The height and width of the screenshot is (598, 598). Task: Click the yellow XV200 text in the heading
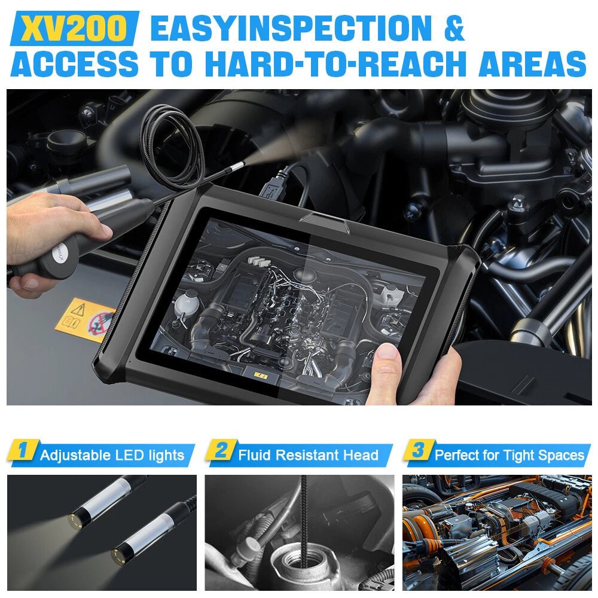tap(73, 29)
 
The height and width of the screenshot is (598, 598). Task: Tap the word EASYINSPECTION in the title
tap(292, 29)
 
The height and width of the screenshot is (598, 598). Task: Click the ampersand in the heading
tap(454, 29)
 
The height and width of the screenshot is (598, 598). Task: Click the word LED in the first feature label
tap(129, 455)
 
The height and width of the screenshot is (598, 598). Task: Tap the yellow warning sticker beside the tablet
tap(84, 321)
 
